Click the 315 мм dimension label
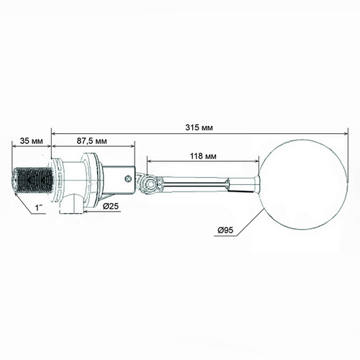coord(199,127)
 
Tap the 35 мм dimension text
coord(31,141)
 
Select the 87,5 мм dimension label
coord(92,141)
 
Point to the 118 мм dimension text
coord(203,156)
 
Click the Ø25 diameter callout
coord(111,206)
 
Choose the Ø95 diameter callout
coord(225,230)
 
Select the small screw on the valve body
coord(128,179)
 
